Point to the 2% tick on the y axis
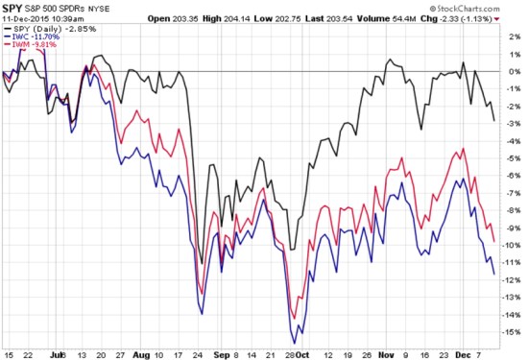pyautogui.click(x=515, y=37)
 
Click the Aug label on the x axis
pyautogui.click(x=144, y=351)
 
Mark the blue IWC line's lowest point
pyautogui.click(x=294, y=343)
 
